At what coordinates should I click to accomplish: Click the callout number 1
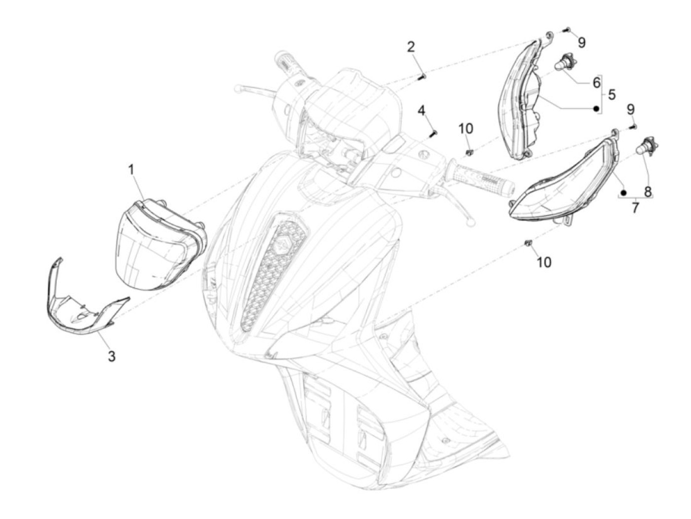point(131,170)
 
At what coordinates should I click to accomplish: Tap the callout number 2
point(411,47)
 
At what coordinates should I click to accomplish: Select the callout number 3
point(112,356)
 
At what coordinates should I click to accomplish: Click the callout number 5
point(612,94)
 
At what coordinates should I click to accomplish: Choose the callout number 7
point(635,208)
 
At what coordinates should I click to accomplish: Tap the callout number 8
point(648,191)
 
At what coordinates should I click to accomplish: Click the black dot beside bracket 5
point(596,109)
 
